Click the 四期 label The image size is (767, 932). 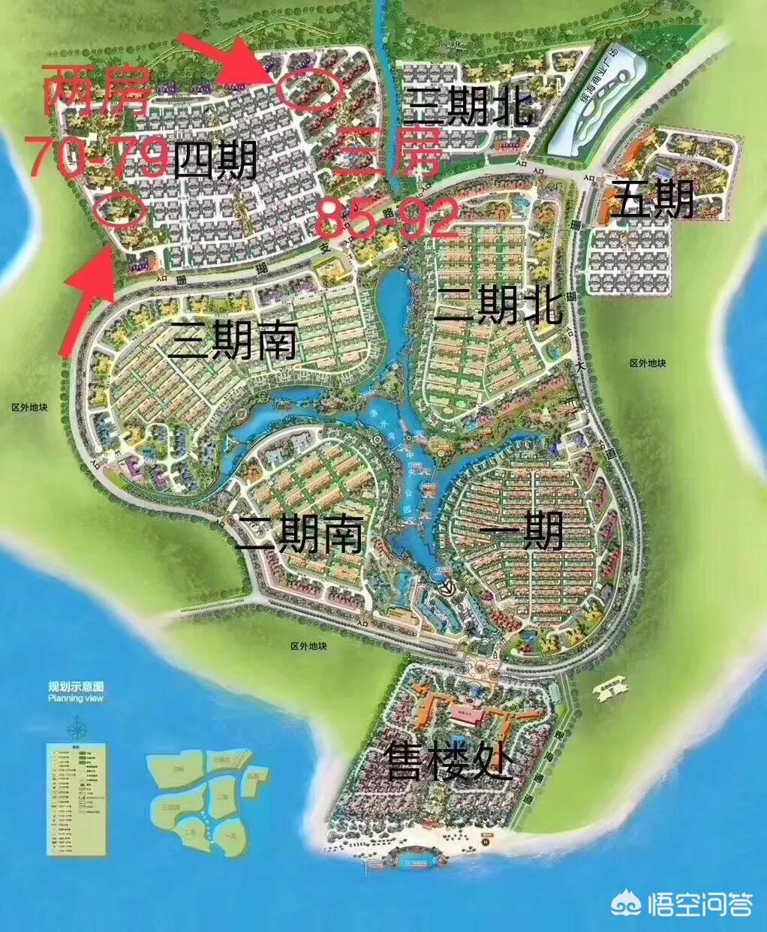(x=215, y=159)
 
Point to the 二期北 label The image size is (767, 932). (x=498, y=303)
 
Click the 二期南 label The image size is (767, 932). (x=299, y=535)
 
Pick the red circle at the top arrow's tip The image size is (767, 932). (x=310, y=89)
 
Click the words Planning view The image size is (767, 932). (x=76, y=698)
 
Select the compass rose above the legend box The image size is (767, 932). (x=77, y=728)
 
